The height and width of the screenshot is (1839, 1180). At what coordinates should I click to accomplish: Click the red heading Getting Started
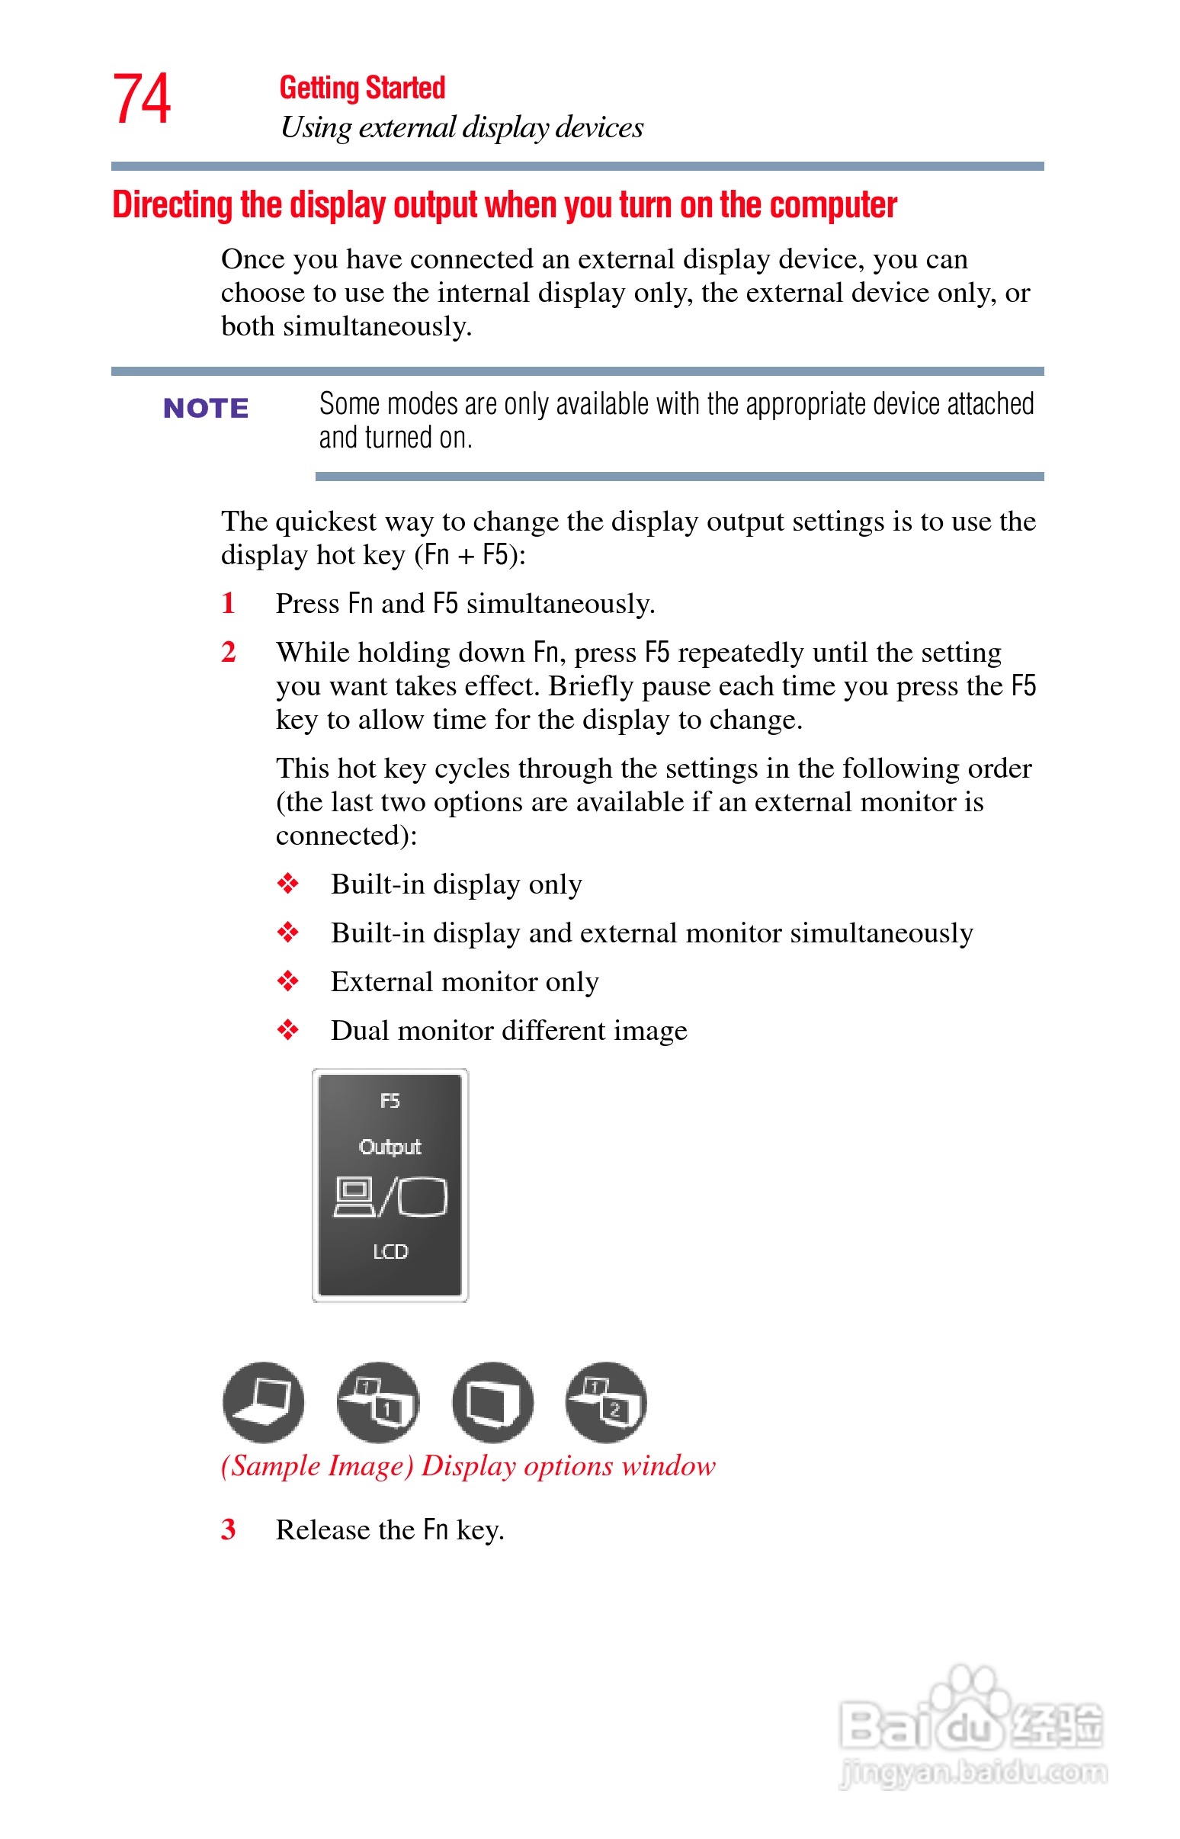pos(361,88)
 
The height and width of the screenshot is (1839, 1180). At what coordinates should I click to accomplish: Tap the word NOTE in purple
pos(205,409)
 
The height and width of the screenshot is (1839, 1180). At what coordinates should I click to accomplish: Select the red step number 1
pos(228,604)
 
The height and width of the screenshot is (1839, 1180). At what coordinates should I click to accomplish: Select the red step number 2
pos(228,652)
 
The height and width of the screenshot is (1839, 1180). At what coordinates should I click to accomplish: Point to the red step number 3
pos(228,1529)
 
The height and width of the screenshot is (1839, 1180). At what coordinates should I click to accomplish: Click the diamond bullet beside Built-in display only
pos(287,884)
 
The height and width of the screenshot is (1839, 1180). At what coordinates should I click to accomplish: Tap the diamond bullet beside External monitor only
pos(287,981)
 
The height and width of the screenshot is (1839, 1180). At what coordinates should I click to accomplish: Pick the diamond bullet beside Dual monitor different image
pos(287,1031)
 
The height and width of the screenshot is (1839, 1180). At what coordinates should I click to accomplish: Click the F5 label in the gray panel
pos(390,1101)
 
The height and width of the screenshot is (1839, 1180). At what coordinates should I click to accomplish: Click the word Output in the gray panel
pos(390,1147)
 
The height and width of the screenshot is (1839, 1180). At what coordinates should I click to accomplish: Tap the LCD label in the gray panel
pos(390,1252)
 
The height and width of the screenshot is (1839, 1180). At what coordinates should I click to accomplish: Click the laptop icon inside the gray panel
pos(353,1197)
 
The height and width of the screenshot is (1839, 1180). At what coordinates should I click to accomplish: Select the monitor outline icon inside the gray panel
pos(422,1197)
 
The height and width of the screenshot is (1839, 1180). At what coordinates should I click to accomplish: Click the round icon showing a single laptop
pos(263,1402)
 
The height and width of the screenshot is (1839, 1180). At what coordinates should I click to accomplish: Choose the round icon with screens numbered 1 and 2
pos(606,1402)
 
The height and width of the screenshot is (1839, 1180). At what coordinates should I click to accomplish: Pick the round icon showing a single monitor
pos(492,1402)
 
